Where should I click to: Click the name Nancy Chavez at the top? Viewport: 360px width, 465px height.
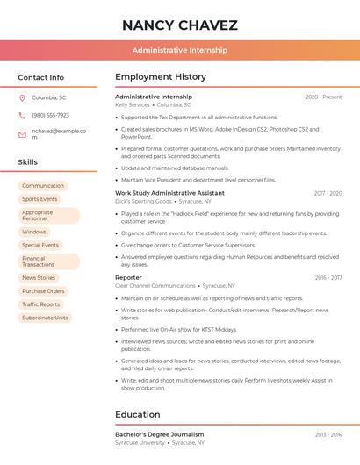coord(179,25)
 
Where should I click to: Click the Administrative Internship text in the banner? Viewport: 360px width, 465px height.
coord(179,50)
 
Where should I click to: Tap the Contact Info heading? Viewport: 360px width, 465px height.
coord(40,77)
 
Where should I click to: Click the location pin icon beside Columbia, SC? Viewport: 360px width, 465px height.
coord(22,97)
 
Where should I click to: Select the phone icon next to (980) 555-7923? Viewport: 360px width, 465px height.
coord(22,115)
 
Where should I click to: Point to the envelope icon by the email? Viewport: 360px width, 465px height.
coord(22,134)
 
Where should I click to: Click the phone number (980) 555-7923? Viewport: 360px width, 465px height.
coord(50,115)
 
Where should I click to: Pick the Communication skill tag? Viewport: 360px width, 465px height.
coord(43,186)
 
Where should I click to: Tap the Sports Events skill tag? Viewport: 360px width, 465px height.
coord(40,199)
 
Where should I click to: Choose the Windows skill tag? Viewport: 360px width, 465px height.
coord(34,232)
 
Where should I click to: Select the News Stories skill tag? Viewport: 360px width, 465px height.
coord(39,278)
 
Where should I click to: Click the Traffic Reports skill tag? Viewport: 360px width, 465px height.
coord(41,304)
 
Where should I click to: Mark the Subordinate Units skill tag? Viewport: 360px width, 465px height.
coord(45,318)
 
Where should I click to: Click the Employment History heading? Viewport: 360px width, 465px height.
coord(161,77)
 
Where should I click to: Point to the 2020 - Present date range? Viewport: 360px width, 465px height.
coord(323,97)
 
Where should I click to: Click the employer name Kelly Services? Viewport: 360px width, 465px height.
coord(133,104)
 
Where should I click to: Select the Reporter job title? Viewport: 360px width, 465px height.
coord(128,277)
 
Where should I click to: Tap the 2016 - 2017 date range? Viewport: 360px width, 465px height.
coord(328,277)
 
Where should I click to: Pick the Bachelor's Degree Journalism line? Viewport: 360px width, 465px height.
coord(159,434)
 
